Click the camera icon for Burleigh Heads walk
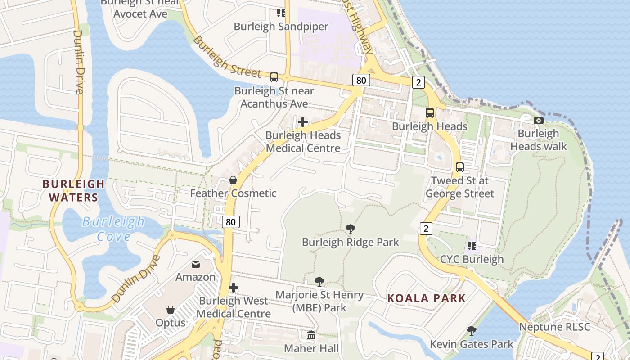click(538, 120)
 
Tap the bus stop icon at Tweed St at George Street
click(459, 167)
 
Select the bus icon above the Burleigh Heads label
click(430, 113)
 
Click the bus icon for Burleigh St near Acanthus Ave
click(274, 77)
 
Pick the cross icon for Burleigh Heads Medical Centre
click(303, 121)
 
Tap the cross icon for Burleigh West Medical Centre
click(233, 288)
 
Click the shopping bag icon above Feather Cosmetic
click(233, 180)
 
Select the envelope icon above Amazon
click(196, 264)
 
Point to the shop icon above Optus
click(171, 310)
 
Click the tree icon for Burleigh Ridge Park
click(350, 229)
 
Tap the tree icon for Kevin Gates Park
click(471, 331)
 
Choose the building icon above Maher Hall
click(311, 335)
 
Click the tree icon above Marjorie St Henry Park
click(319, 282)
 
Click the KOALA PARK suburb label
click(426, 298)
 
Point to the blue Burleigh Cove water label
click(113, 229)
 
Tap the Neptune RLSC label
click(554, 327)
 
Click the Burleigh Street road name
click(227, 57)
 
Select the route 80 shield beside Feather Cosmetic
click(230, 221)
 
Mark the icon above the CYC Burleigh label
click(472, 246)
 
